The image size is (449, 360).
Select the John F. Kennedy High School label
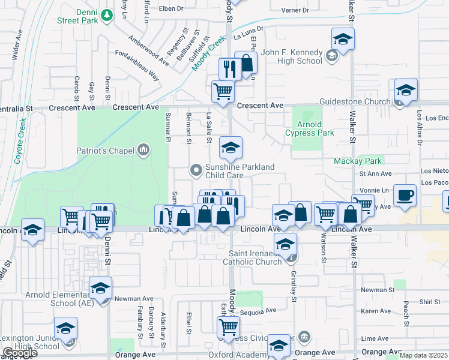click(291, 56)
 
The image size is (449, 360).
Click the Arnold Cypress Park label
click(309, 128)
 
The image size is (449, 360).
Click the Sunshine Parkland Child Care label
click(240, 171)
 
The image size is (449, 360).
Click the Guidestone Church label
click(355, 101)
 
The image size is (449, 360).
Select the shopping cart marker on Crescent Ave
click(223, 92)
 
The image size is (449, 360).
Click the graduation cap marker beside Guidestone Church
click(406, 90)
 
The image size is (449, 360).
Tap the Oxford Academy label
click(237, 355)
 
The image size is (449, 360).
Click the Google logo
click(20, 353)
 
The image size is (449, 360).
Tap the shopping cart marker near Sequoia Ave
click(228, 327)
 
